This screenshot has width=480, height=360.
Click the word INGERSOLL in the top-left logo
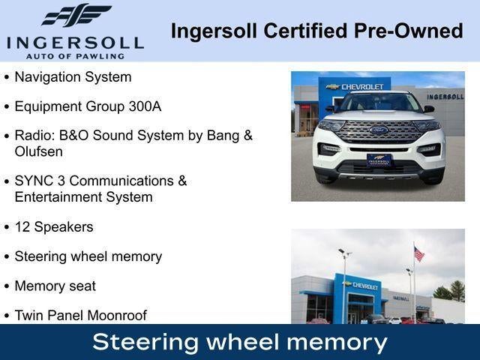point(75,41)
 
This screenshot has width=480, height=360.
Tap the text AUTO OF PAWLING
point(75,55)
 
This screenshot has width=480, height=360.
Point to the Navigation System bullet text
point(73,76)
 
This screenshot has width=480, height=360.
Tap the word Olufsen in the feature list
point(38,151)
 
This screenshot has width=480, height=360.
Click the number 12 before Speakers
point(22,226)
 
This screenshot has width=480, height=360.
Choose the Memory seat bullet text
point(55,286)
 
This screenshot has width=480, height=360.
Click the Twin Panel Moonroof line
point(80,315)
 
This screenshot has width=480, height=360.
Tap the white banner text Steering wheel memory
point(240,342)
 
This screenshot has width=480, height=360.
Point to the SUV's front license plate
point(379,159)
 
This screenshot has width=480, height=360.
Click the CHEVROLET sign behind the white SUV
point(361,87)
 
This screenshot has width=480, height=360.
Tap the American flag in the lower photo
point(418,254)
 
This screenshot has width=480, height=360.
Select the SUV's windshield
point(379,102)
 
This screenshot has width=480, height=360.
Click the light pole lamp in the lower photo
point(344,253)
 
